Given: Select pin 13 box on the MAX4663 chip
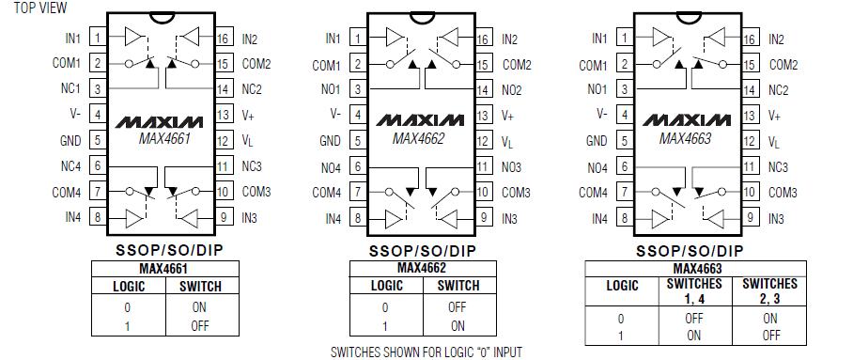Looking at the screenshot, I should (749, 116).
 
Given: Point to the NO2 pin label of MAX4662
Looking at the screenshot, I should (511, 90).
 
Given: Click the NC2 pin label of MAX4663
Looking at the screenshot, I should (778, 90).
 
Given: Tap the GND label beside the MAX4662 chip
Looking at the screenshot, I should (331, 141).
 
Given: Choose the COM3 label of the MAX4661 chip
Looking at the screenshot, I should (256, 193).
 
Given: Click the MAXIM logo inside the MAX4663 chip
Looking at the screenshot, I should (688, 123).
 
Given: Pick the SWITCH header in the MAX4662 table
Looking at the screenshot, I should (458, 286).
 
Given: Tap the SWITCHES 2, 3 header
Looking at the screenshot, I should (769, 290).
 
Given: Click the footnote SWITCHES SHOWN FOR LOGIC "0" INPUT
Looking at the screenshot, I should (426, 352).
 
